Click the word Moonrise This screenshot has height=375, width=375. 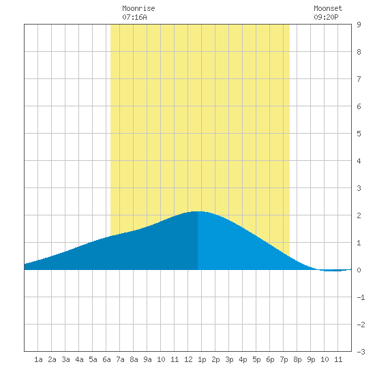tap(138, 8)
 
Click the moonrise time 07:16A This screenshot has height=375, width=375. tap(134, 17)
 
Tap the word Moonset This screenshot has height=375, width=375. tap(328, 8)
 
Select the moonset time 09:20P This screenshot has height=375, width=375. tap(326, 17)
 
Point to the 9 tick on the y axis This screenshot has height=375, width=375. tap(359, 25)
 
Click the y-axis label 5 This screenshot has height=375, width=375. tap(359, 134)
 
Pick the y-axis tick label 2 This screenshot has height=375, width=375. tap(359, 215)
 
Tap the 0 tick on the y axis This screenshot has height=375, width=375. tap(359, 270)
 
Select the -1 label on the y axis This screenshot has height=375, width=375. tap(361, 297)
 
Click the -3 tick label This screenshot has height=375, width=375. tap(361, 352)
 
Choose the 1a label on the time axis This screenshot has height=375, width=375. tap(38, 359)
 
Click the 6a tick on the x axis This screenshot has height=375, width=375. tap(106, 359)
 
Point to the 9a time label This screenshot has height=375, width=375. tap(147, 359)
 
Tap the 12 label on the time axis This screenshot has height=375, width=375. tap(188, 359)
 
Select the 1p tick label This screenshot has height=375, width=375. tap(202, 359)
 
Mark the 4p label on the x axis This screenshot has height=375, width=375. tap(243, 359)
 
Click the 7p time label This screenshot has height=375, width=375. tap(284, 359)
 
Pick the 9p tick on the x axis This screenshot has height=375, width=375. tap(311, 359)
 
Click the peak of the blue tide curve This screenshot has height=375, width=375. tap(198, 211)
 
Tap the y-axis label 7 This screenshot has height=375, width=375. tap(359, 79)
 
